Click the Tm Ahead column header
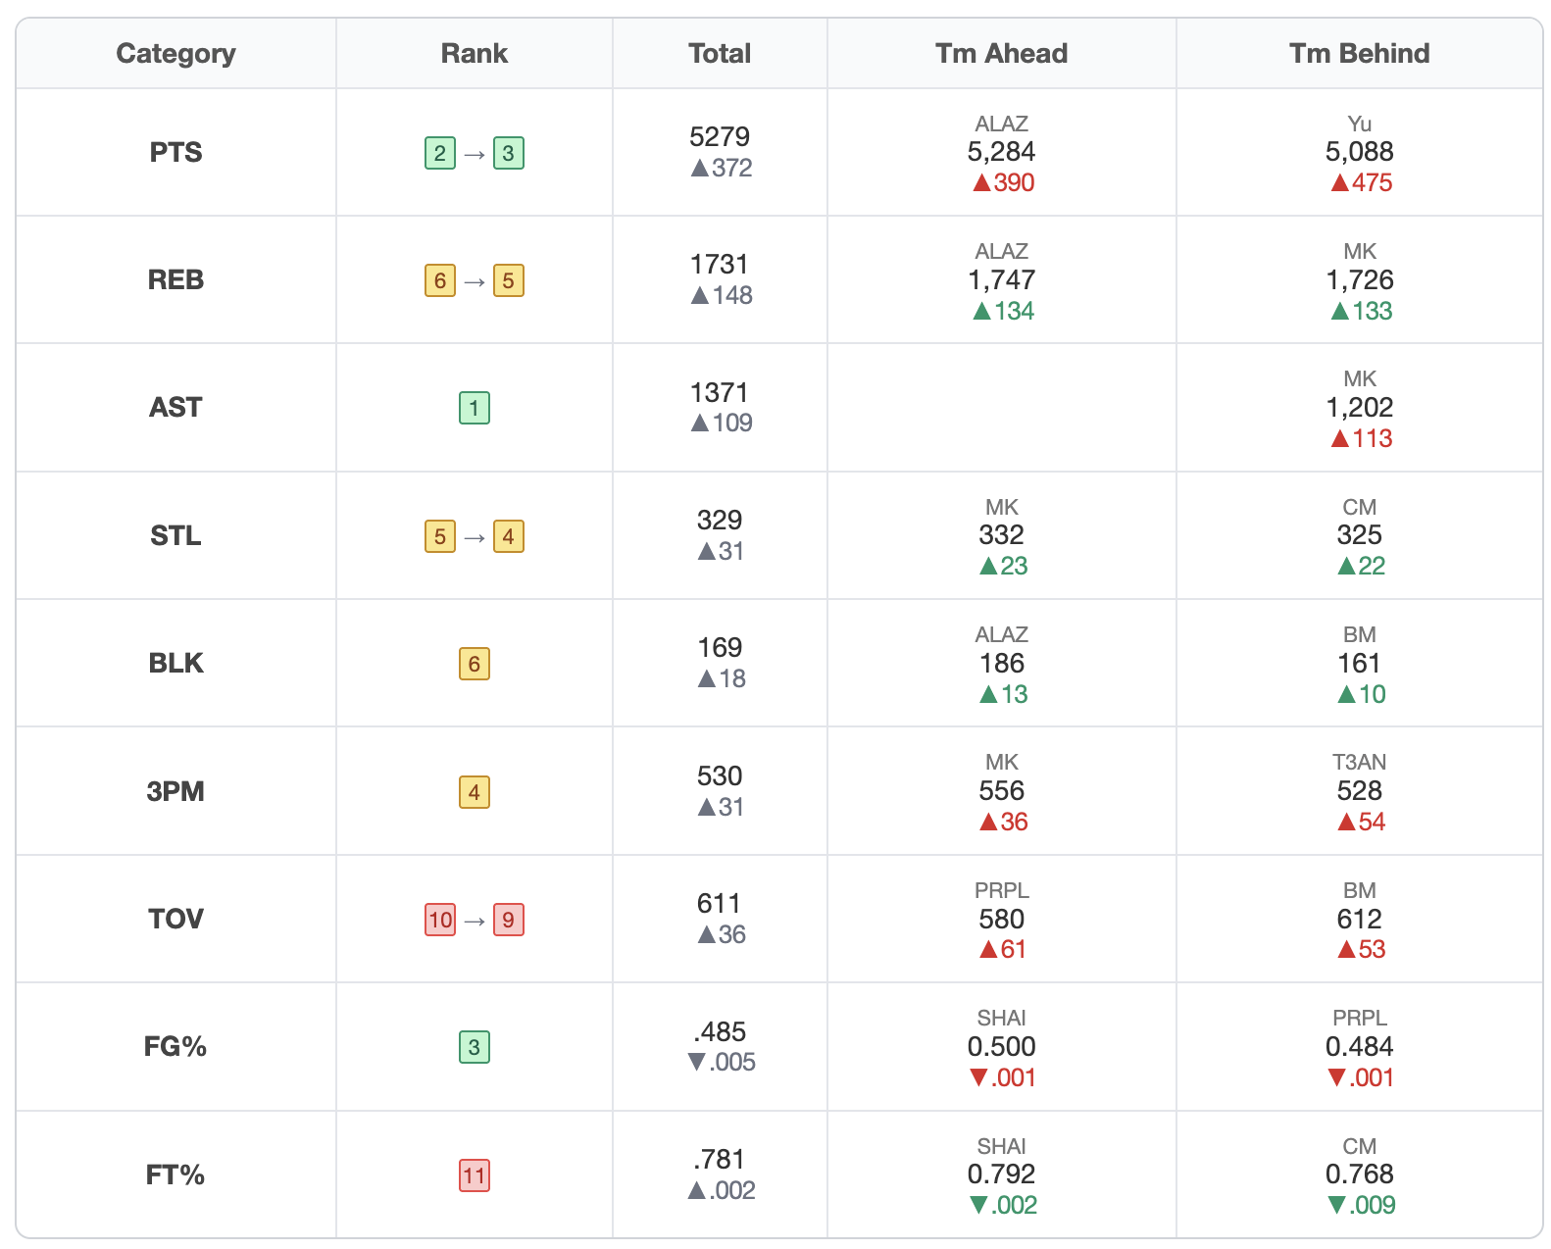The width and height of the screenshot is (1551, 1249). [1000, 53]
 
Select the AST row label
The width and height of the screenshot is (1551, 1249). [175, 407]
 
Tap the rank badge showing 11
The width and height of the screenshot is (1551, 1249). [474, 1175]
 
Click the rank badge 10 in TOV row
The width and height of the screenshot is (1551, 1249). [440, 920]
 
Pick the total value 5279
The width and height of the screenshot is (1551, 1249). [719, 136]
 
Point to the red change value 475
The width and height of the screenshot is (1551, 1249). [1361, 182]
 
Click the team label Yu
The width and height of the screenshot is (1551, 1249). [1359, 124]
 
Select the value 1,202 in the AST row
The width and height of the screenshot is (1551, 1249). [1359, 407]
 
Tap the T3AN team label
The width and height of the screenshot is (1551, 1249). [1359, 762]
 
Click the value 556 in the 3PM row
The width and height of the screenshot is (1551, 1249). [1001, 790]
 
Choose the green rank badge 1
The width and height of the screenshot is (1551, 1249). [474, 408]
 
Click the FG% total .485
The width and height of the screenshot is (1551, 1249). [719, 1031]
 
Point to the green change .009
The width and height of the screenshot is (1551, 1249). [1361, 1205]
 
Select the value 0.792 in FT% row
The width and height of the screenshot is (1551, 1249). [1001, 1174]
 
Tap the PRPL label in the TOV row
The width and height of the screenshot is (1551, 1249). [1001, 890]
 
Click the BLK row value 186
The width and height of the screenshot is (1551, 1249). [1001, 663]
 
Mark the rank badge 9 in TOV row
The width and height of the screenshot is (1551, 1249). [508, 920]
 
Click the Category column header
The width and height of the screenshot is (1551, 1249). [175, 53]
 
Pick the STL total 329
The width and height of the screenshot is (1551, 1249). [719, 520]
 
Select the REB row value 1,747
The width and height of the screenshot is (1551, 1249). [1001, 279]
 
